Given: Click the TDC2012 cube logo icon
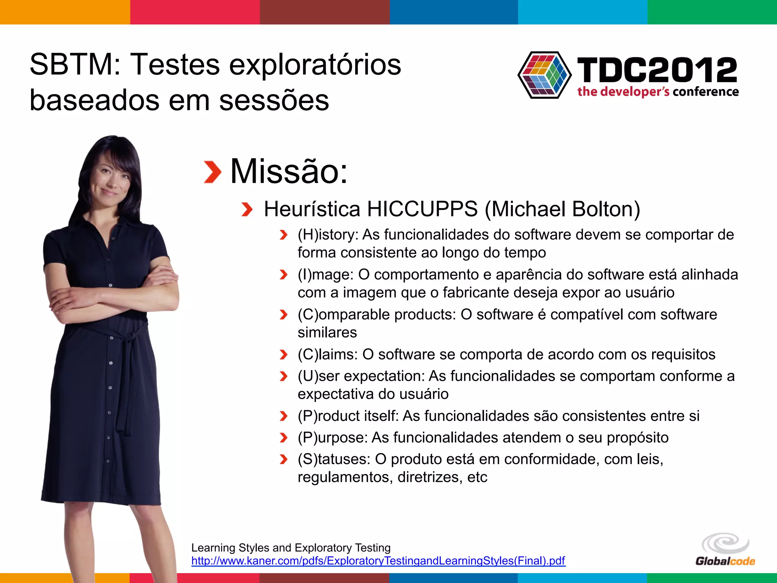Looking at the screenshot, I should click(545, 75).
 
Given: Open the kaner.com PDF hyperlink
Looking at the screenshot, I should click(378, 561).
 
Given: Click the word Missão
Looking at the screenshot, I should click(289, 172).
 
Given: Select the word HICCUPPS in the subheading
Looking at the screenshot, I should click(422, 209).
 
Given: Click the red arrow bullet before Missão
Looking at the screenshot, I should click(212, 172).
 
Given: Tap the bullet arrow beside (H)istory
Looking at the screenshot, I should click(283, 235).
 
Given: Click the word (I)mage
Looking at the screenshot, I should click(326, 274).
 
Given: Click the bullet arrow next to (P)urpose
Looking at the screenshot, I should click(283, 438).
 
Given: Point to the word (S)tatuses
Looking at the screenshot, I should click(333, 459).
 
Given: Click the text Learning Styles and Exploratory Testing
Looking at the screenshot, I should click(291, 548).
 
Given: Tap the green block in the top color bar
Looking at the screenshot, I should click(712, 12).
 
